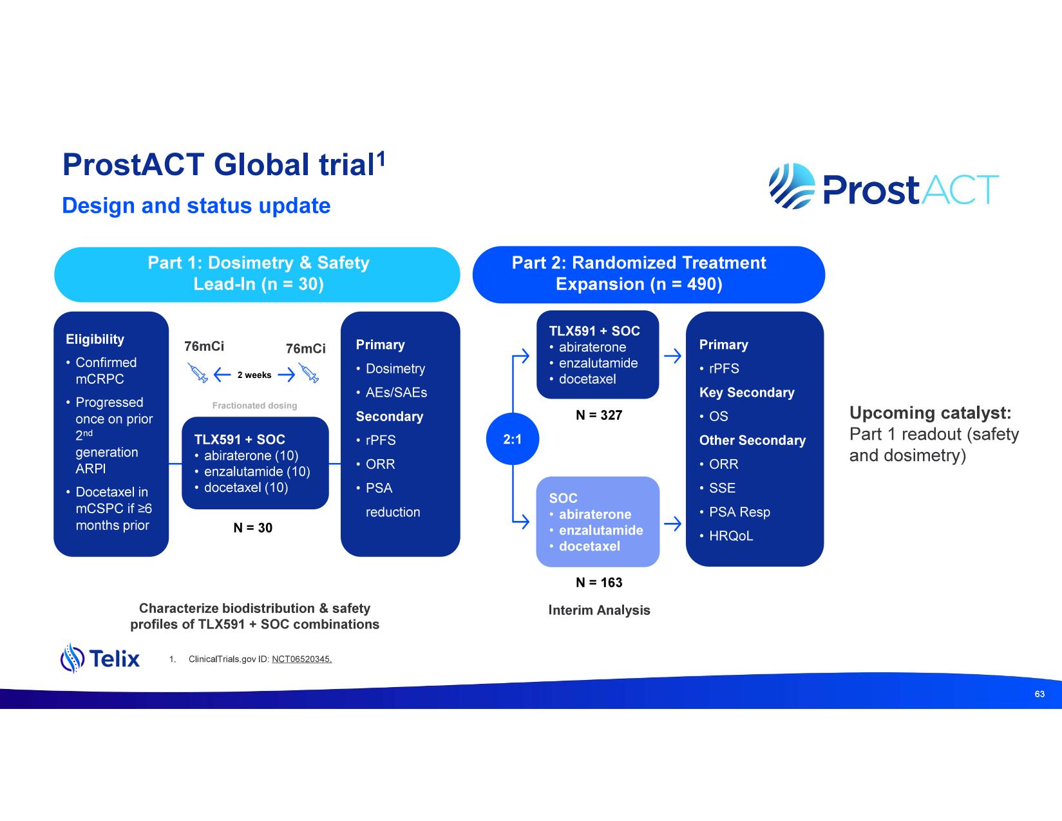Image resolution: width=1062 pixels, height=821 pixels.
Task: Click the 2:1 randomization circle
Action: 512,439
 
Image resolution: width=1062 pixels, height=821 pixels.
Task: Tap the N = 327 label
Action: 599,415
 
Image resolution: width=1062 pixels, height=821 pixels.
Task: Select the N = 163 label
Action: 599,583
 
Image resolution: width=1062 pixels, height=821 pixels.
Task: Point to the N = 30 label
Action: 252,528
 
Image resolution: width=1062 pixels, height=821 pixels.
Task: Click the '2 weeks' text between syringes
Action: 254,375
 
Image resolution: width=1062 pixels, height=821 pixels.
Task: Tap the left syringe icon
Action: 198,373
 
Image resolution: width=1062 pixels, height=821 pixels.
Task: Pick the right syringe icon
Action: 309,373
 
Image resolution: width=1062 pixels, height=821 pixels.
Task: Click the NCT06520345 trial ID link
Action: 301,659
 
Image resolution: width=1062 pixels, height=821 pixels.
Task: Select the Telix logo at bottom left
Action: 100,658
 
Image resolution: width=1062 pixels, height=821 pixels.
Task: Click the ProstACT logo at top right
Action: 884,187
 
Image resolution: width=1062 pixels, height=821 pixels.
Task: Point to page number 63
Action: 1039,694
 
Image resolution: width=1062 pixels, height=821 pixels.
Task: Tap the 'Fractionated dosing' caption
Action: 254,406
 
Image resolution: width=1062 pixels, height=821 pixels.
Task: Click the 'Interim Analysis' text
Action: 599,610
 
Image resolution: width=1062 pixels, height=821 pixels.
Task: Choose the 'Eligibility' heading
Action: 95,339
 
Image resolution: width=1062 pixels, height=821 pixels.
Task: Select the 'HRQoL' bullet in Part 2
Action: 730,536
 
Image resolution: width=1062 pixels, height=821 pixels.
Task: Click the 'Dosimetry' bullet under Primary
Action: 395,369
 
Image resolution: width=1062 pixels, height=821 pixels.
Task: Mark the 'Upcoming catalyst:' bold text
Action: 930,413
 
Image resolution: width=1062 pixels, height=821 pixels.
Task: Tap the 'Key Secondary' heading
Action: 746,393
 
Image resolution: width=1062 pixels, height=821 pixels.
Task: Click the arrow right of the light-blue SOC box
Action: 672,524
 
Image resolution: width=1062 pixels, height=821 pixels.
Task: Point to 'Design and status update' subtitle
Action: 196,206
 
